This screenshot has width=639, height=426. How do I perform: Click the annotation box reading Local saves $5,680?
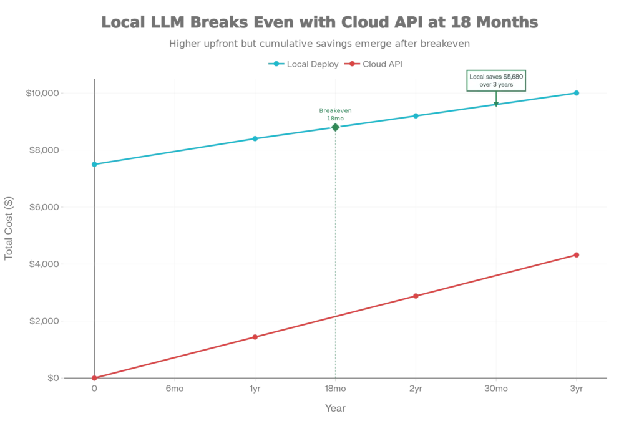[497, 80]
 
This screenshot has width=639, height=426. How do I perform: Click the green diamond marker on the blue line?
[336, 127]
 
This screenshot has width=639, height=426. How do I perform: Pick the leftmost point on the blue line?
[94, 164]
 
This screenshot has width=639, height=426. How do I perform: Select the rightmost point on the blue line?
[577, 93]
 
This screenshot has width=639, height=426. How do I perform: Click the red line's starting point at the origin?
[94, 378]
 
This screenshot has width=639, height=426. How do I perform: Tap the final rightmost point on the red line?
[577, 255]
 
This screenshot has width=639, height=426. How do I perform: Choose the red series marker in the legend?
[353, 65]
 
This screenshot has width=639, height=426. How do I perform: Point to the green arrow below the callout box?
[497, 99]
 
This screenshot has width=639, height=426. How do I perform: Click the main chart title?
[319, 23]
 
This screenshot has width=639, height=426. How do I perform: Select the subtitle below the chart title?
[319, 45]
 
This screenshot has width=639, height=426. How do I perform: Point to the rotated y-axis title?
[7, 228]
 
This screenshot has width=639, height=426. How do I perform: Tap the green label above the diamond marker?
[336, 111]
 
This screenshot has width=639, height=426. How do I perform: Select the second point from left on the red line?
[255, 337]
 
